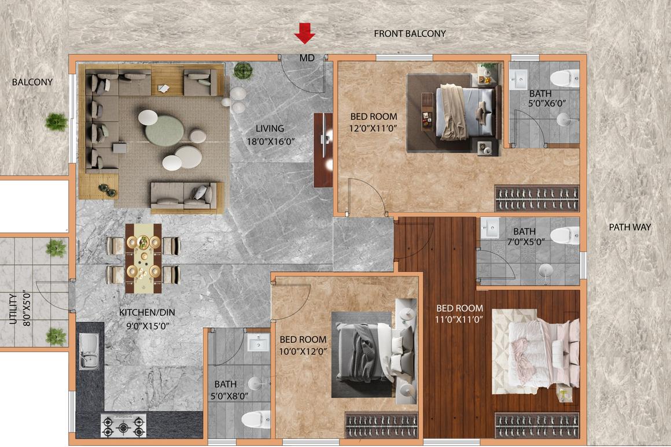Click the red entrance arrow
coord(305,34)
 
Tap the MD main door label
coord(307,58)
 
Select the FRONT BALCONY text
coord(410,34)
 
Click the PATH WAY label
coord(630,227)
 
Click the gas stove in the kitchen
coord(123,425)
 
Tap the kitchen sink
coord(89,352)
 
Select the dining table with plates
coord(143,258)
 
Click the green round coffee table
coord(164,130)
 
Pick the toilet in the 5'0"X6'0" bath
coord(565,79)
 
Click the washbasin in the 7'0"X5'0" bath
coord(490,227)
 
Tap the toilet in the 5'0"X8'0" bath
coord(256,420)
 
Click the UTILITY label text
coord(13,308)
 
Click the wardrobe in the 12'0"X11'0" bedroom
coord(537,198)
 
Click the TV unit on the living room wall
coord(323,150)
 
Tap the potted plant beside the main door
coord(242,70)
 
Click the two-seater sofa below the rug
coord(187,198)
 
